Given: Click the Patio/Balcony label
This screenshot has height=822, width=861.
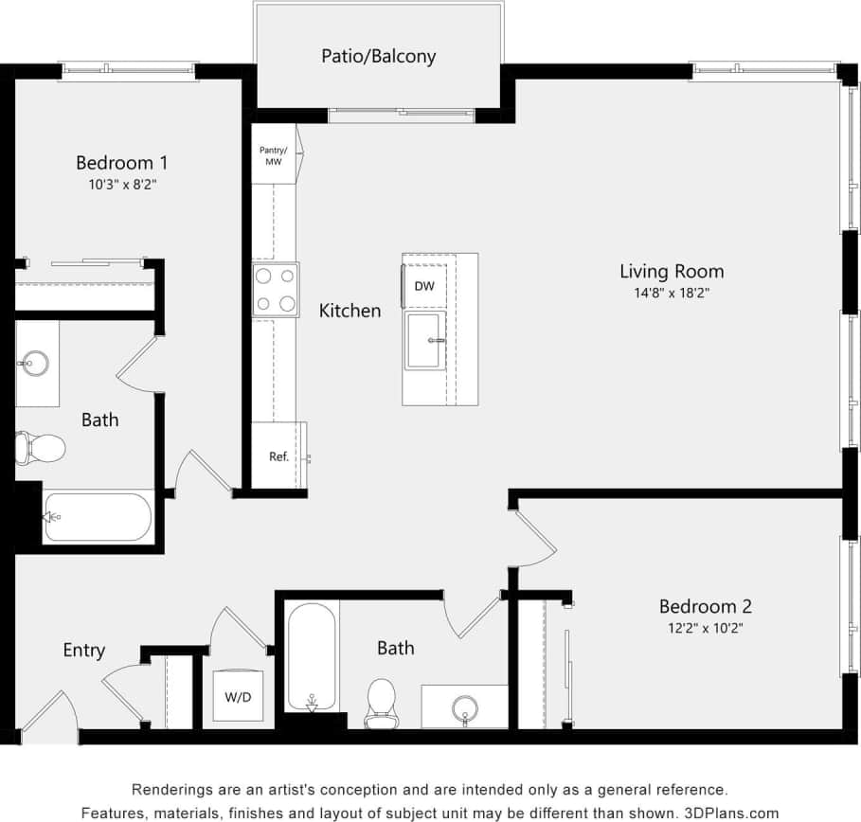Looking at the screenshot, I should pyautogui.click(x=378, y=56).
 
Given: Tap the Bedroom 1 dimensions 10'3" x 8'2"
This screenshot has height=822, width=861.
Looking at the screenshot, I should pyautogui.click(x=121, y=186).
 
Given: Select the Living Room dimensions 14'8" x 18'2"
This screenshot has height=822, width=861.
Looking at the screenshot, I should pyautogui.click(x=672, y=294).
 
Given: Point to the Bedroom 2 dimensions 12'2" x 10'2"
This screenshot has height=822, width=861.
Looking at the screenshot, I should pyautogui.click(x=705, y=628).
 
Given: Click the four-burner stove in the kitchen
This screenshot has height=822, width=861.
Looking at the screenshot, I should pyautogui.click(x=275, y=290).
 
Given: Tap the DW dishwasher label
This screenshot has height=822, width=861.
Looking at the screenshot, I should pyautogui.click(x=424, y=286).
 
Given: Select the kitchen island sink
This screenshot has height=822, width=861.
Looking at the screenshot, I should pyautogui.click(x=423, y=340).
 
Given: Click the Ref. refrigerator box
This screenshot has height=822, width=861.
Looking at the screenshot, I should pyautogui.click(x=278, y=456).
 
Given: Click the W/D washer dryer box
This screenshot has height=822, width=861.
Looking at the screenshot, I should pyautogui.click(x=238, y=697).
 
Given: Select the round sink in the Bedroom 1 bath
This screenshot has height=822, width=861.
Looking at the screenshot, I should pyautogui.click(x=36, y=362).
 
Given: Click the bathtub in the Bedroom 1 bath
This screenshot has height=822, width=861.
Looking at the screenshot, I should pyautogui.click(x=98, y=516).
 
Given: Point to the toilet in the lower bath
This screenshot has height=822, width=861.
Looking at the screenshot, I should pyautogui.click(x=382, y=702).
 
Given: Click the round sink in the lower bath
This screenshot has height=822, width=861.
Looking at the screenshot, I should pyautogui.click(x=464, y=707).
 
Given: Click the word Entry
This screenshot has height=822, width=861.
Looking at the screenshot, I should pyautogui.click(x=83, y=650).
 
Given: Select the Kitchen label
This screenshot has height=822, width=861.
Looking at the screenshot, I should pyautogui.click(x=350, y=311).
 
